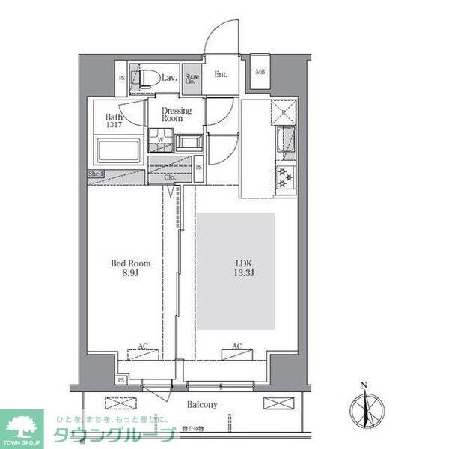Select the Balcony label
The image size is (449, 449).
tap(202, 405)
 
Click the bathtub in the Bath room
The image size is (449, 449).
tap(117, 151)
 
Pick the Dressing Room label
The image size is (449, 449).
tap(177, 114)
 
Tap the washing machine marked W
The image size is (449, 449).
tap(159, 140)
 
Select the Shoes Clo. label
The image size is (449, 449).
tap(192, 78)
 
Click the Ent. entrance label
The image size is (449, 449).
tap(221, 74)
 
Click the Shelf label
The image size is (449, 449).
tap(96, 174)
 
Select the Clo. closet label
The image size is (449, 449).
tap(180, 177)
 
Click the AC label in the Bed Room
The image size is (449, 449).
tap(142, 347)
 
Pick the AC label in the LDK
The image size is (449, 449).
tap(236, 347)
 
